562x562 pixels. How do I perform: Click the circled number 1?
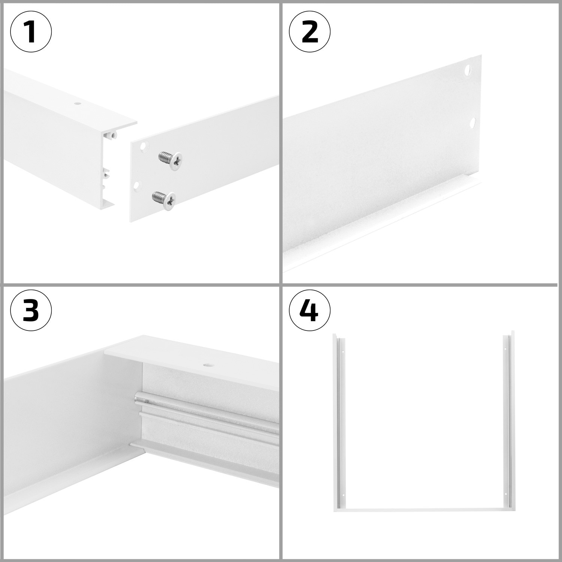[x=31, y=32]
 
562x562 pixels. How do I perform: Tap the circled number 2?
[x=309, y=32]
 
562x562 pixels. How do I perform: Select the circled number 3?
[x=31, y=310]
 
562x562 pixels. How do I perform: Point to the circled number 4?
[x=309, y=310]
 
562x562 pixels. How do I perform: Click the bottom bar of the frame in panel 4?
[x=423, y=510]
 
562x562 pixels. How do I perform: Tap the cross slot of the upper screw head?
[x=176, y=161]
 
